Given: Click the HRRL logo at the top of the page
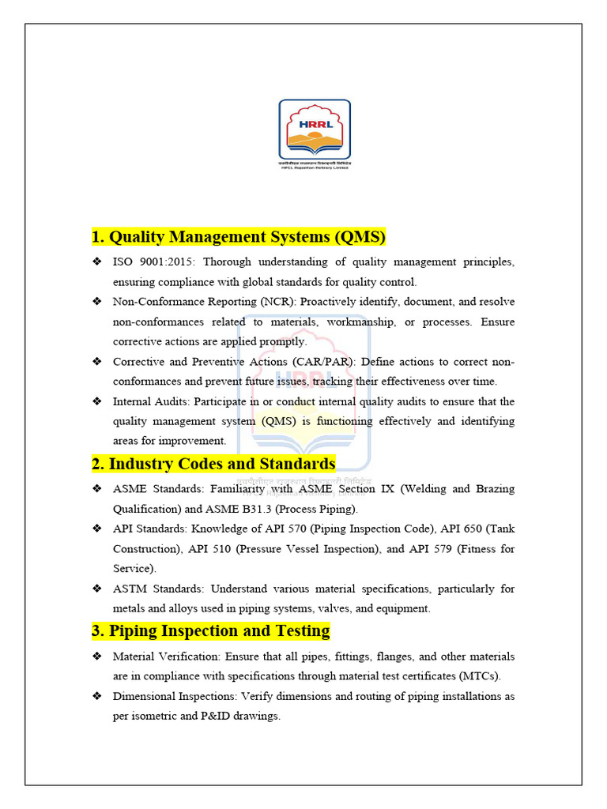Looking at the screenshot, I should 314,133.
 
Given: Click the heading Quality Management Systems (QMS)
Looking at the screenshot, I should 239,237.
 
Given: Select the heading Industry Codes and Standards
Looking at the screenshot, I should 213,463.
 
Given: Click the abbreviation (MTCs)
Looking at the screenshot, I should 479,676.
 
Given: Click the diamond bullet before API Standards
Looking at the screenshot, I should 96,529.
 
